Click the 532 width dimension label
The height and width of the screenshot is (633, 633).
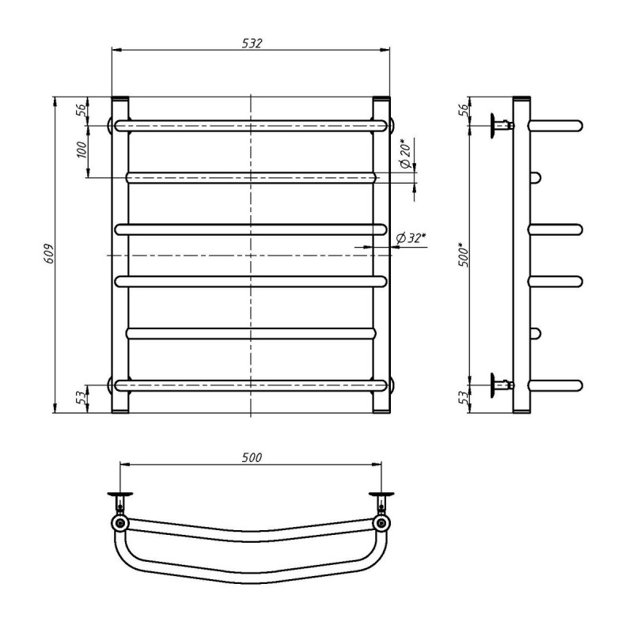pos(252,44)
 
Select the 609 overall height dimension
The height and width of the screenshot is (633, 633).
pos(48,254)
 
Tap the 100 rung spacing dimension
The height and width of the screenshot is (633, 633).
pos(82,150)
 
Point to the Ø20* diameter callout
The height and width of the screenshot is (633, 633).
pos(405,154)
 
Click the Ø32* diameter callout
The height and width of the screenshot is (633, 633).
pos(411,238)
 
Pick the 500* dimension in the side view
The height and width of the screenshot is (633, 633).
pos(464,254)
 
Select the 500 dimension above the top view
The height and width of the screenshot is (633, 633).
pos(252,457)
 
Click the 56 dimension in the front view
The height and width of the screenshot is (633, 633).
pos(81,110)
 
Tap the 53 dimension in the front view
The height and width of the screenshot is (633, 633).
pos(82,398)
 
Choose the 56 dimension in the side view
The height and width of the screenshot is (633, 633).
pos(464,110)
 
